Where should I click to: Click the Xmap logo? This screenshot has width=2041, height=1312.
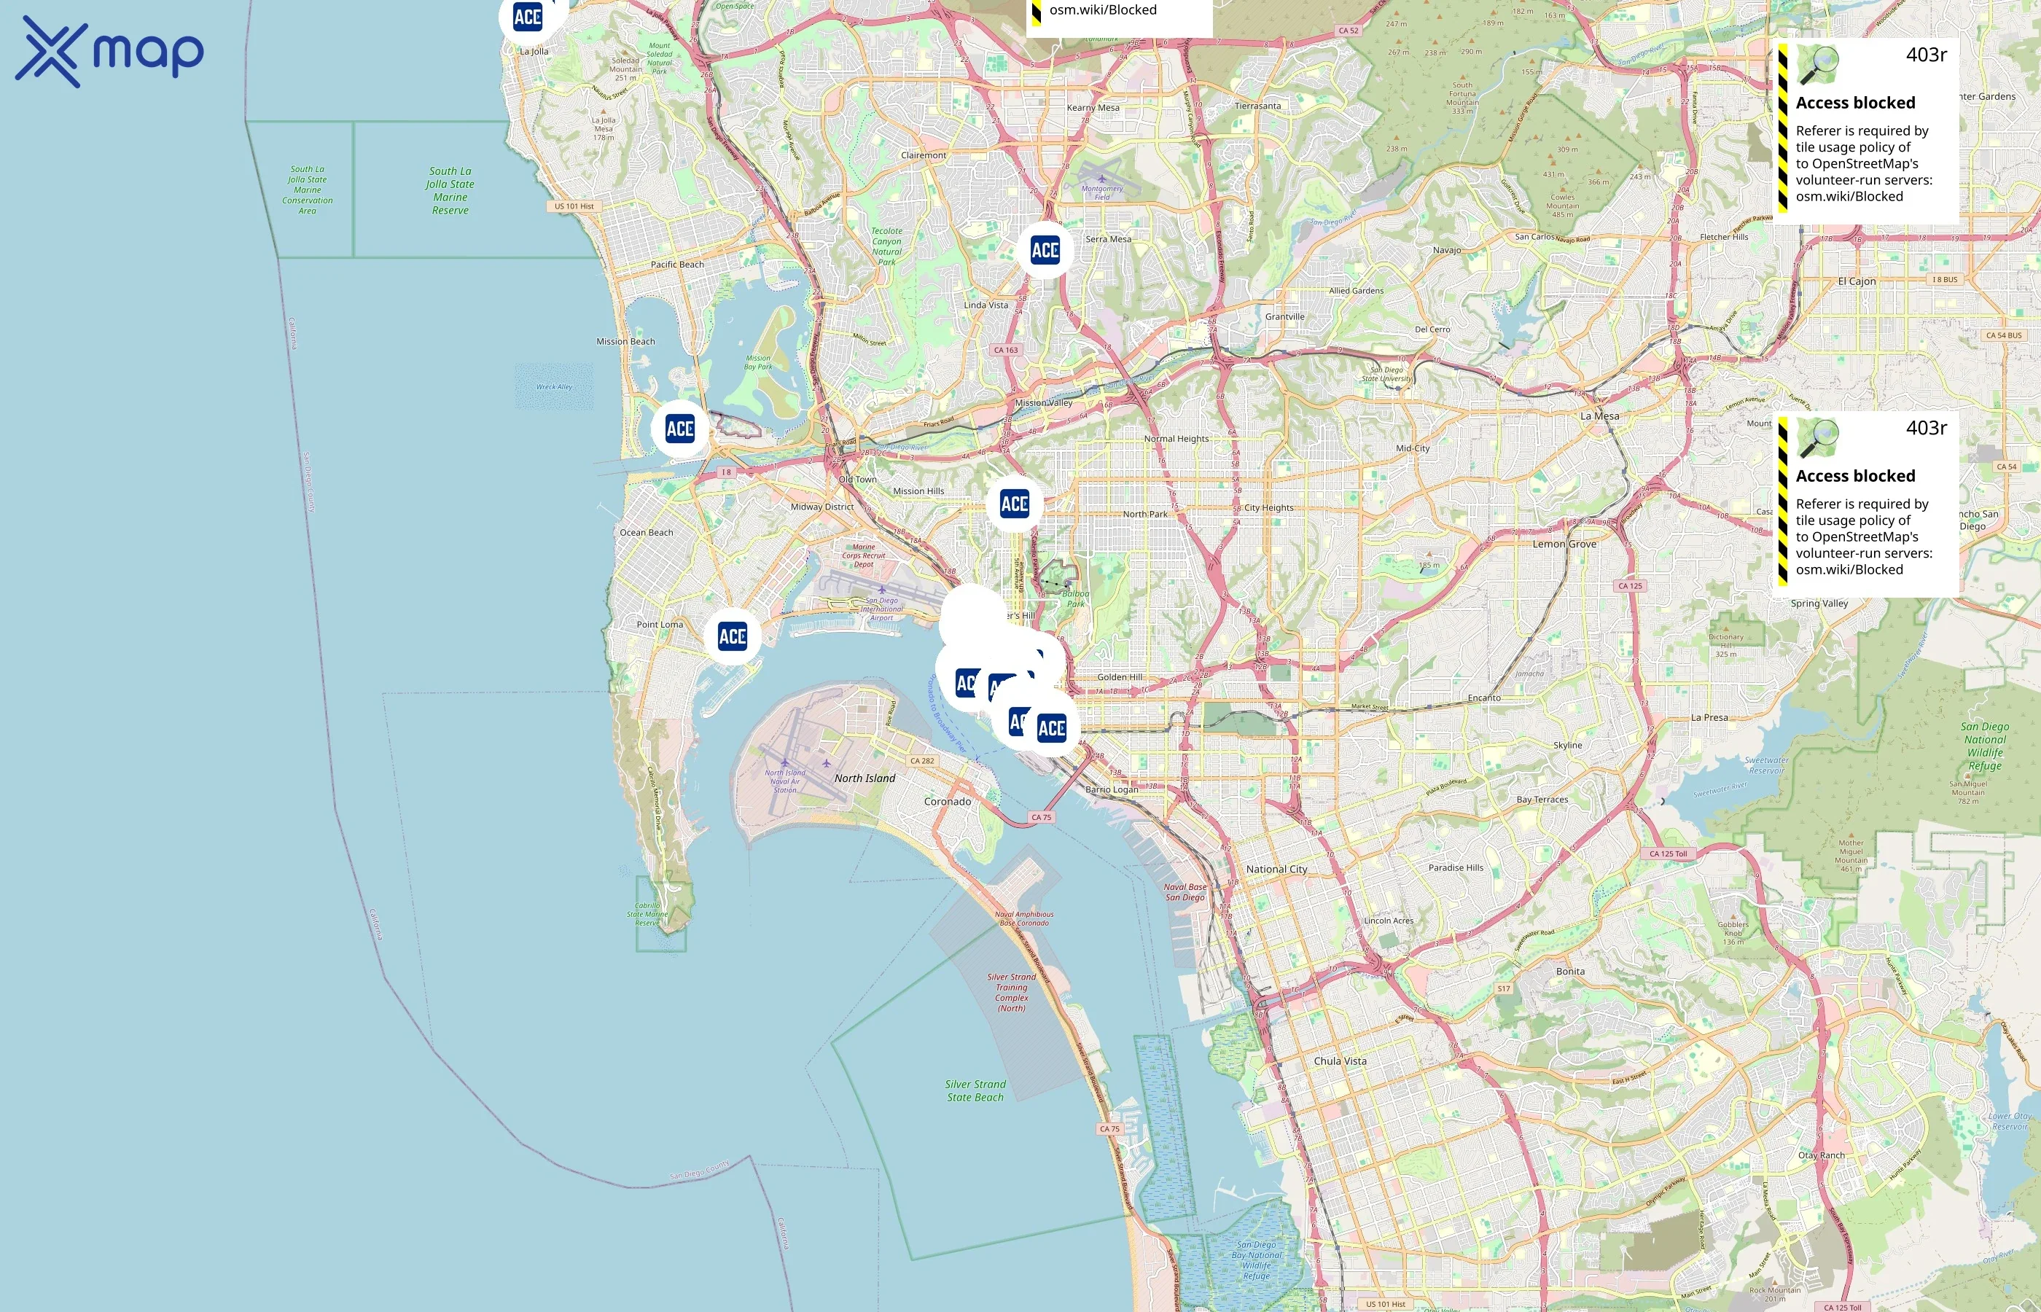tap(109, 52)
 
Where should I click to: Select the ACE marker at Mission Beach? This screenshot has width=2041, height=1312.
tap(680, 429)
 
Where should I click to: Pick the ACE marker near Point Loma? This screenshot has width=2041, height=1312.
tap(733, 636)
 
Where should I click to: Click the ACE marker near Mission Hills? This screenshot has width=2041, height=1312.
tap(1015, 504)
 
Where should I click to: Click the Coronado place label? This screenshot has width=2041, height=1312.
tap(947, 802)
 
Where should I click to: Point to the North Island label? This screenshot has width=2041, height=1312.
tap(865, 778)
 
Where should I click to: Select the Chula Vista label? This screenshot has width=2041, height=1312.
tap(1340, 1061)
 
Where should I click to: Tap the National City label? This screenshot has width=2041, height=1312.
tap(1276, 870)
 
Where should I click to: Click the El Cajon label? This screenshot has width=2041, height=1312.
tap(1856, 282)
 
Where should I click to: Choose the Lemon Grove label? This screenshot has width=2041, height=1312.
tap(1565, 544)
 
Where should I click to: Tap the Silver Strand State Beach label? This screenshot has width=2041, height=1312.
tap(975, 1091)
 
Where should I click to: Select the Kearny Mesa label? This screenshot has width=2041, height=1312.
tap(1093, 108)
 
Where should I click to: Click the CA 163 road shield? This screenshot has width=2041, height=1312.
tap(1006, 350)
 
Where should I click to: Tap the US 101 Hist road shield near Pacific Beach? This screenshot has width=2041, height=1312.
tap(574, 206)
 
